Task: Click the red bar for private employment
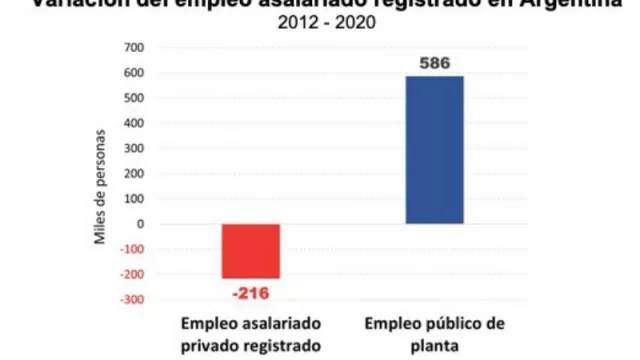250,250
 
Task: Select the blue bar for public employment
434,150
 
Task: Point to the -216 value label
250,294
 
